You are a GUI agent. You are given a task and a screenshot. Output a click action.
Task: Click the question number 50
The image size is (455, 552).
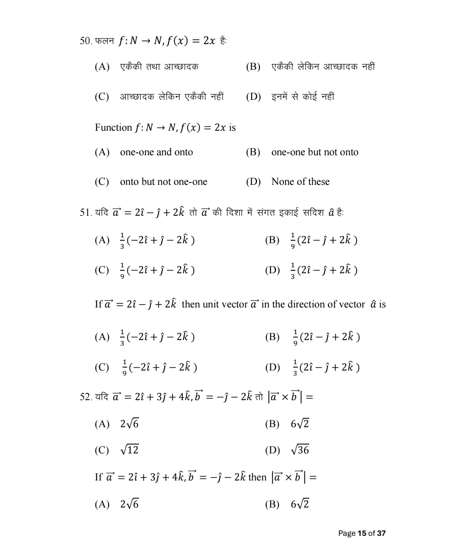85,41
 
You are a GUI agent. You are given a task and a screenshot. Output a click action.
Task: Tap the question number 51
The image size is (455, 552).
85,212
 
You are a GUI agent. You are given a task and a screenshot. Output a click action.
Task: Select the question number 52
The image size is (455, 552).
85,397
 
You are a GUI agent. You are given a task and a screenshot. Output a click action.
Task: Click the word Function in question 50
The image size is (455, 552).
113,127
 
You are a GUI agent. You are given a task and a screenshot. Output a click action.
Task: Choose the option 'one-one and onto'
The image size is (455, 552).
156,152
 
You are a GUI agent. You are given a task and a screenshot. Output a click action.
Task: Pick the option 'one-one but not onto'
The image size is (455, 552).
315,152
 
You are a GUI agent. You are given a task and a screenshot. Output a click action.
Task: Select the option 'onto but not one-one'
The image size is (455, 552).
163,182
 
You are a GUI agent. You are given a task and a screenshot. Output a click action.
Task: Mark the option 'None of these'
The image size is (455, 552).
300,182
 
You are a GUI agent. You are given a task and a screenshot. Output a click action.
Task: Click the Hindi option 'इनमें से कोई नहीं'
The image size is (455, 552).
302,97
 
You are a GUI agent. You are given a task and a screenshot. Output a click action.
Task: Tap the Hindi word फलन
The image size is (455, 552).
104,41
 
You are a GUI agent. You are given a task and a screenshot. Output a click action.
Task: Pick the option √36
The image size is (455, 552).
300,450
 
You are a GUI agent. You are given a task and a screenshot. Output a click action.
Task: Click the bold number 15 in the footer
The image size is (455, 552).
362,533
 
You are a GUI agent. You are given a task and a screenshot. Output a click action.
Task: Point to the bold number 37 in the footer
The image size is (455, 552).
381,533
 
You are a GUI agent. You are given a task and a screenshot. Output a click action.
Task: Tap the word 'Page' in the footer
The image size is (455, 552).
347,533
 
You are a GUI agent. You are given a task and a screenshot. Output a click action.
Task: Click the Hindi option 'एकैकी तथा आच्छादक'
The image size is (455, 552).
159,67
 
